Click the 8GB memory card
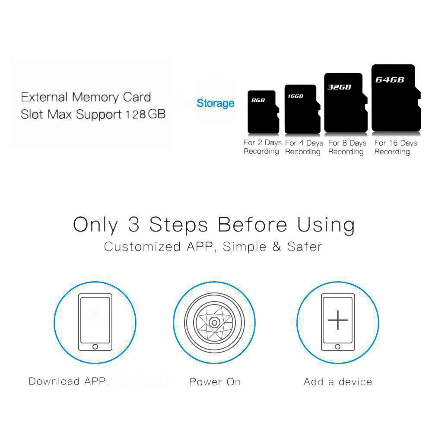(x=263, y=112)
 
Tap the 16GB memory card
(x=302, y=109)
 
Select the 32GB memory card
(x=346, y=102)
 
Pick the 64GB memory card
(x=396, y=98)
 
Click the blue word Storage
(x=216, y=103)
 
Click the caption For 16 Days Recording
(x=396, y=147)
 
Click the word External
(x=44, y=97)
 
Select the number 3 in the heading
(x=134, y=224)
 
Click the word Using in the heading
(x=326, y=226)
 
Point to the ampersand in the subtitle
(x=276, y=247)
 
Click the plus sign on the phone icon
(x=338, y=320)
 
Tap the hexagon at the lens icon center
(x=214, y=322)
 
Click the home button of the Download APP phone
(x=95, y=346)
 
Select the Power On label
(x=215, y=382)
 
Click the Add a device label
(x=338, y=382)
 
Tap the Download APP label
(x=68, y=381)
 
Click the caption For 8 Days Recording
(x=347, y=147)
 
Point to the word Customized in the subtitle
(x=143, y=247)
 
